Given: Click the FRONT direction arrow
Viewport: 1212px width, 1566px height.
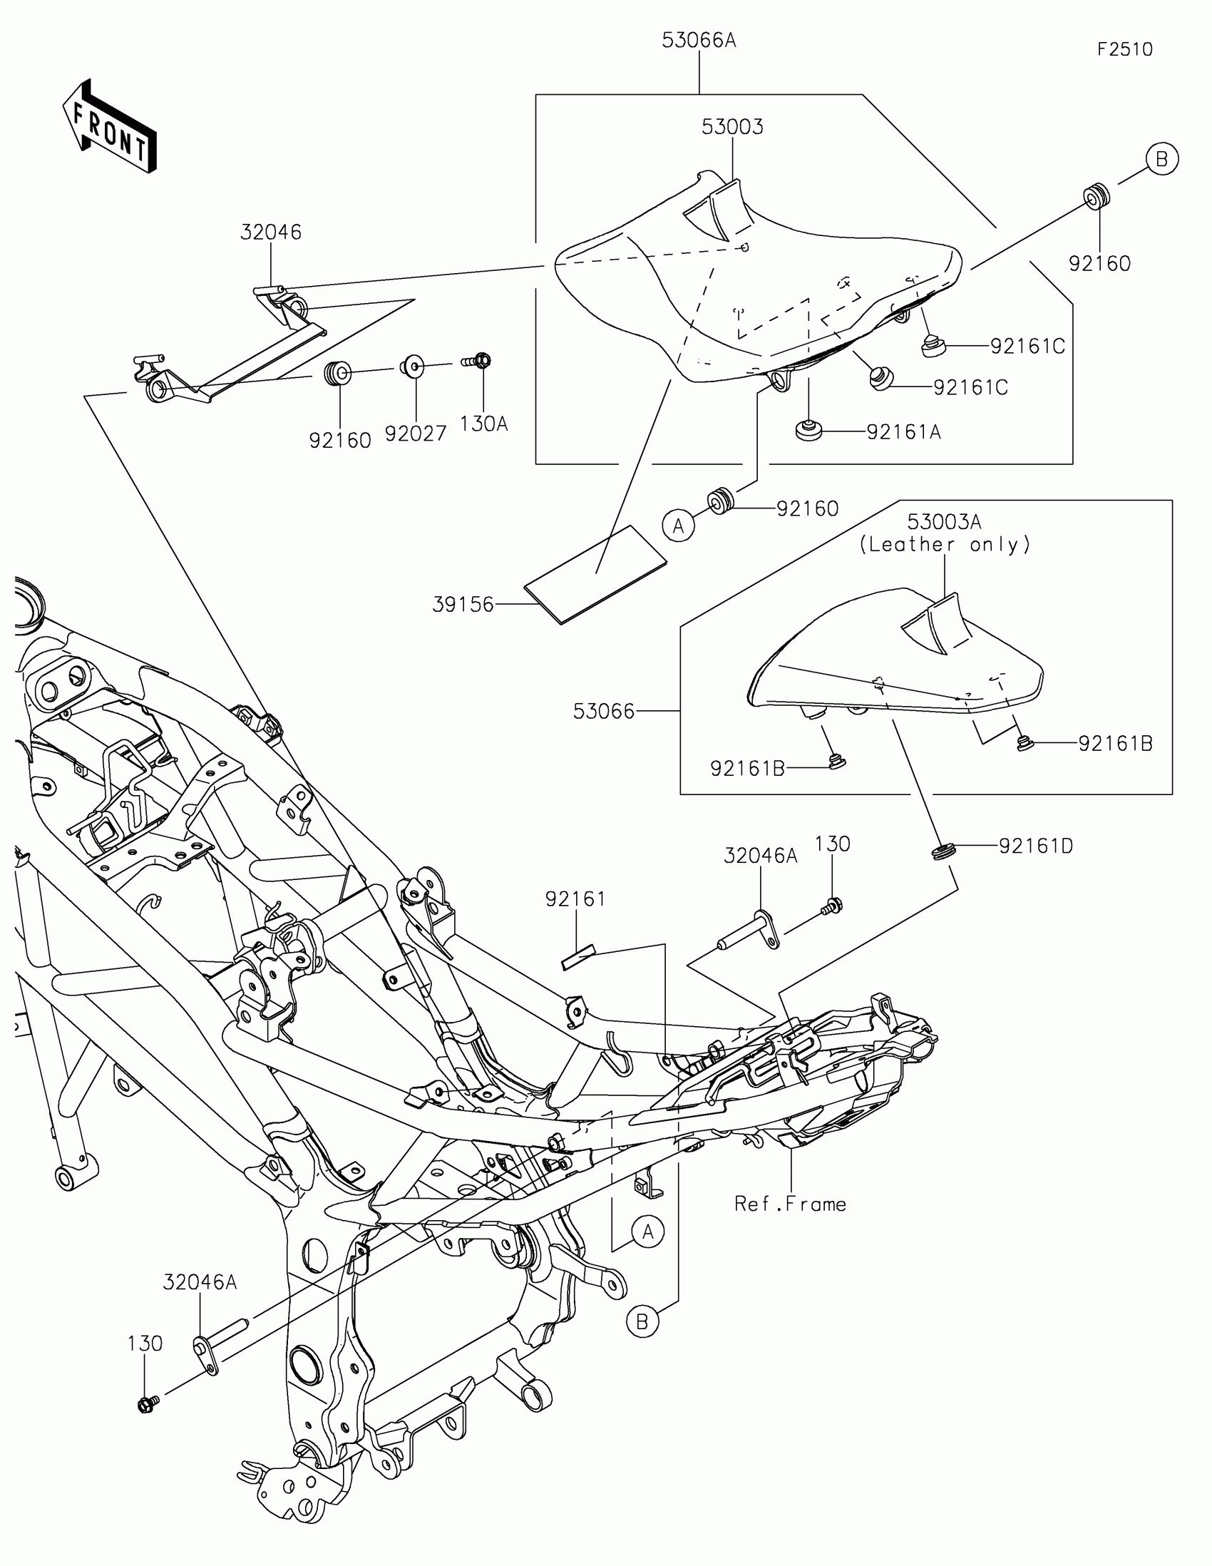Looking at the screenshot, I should click(111, 127).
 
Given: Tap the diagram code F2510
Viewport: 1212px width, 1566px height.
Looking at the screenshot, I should click(1124, 49).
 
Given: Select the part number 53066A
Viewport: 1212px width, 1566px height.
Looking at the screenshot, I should click(699, 41).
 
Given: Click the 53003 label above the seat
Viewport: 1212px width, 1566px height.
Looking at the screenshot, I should click(731, 127).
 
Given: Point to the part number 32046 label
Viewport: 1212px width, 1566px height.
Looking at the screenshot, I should click(270, 232).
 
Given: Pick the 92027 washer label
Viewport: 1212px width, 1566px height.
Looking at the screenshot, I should click(415, 434).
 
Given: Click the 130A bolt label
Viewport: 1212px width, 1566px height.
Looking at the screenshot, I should click(484, 424).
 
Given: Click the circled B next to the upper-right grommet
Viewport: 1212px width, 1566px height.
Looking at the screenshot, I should click(1162, 158).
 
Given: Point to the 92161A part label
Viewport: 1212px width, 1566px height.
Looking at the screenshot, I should click(903, 432).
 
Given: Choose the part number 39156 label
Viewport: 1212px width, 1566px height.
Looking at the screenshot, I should click(463, 605).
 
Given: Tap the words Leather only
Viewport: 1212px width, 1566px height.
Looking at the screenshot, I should click(945, 545).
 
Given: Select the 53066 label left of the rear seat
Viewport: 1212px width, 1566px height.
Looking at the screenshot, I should click(603, 711).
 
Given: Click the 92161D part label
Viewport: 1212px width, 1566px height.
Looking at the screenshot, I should click(1036, 846).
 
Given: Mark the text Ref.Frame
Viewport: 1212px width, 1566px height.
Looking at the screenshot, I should click(790, 1204).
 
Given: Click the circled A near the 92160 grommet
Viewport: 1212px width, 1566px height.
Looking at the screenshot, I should click(678, 527).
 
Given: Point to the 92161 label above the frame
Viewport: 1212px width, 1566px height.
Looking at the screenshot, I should click(575, 899).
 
